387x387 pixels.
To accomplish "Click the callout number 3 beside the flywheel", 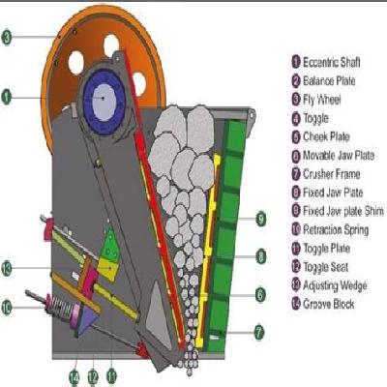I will tap(7, 38).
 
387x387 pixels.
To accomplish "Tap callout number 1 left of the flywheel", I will tap(7, 96).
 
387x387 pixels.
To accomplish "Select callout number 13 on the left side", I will tap(7, 267).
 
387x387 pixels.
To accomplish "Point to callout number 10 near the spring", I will tap(7, 309).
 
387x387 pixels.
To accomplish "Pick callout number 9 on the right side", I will tap(260, 220).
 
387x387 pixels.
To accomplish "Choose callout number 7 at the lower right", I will tap(260, 332).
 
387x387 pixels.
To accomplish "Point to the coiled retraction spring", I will tap(65, 313).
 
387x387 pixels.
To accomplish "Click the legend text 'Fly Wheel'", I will tap(324, 99).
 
